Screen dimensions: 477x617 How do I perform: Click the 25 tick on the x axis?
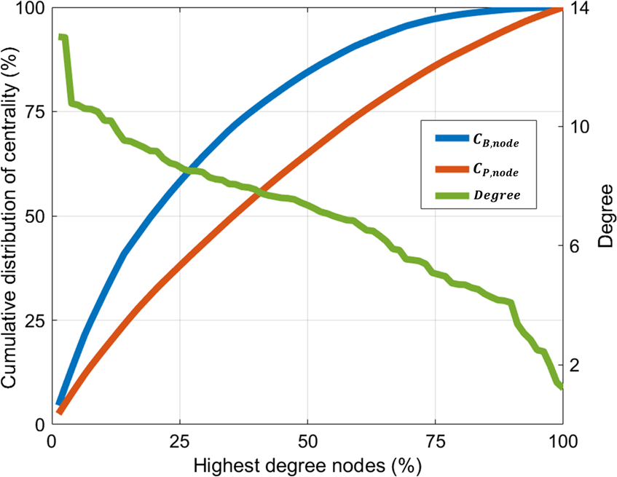[179, 442]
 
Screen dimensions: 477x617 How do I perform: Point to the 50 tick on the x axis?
[307, 442]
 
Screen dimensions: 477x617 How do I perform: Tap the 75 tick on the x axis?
[435, 442]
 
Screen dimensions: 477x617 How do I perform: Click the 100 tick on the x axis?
[562, 442]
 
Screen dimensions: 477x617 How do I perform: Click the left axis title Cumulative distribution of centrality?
[12, 217]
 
